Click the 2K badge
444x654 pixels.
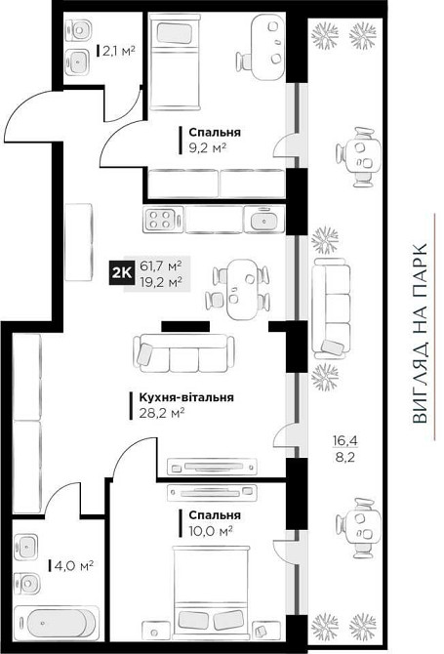click(122, 273)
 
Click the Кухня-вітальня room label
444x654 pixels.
click(186, 397)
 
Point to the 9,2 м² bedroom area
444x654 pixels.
click(208, 147)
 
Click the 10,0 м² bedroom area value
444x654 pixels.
click(211, 531)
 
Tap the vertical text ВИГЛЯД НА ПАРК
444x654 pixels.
click(420, 334)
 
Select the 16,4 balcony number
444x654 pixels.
click(344, 441)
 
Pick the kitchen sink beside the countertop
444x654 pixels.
click(263, 219)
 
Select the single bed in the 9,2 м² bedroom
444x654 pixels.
click(175, 62)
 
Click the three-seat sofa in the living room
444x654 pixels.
click(183, 352)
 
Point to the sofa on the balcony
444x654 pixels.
click(332, 308)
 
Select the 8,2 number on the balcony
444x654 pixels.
click(344, 458)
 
